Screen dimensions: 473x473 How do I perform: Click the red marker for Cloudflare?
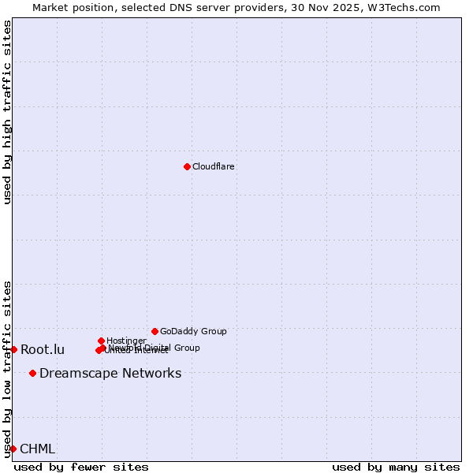187,166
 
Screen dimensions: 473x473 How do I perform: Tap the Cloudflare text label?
214,166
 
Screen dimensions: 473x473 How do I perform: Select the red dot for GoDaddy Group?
155,331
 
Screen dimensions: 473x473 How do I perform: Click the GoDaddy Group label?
193,331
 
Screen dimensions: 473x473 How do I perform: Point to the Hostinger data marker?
101,341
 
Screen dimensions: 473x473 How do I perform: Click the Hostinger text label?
126,341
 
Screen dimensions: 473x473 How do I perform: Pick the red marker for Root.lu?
13,349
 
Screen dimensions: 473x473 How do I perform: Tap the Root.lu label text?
43,350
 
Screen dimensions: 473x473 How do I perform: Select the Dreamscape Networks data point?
32,373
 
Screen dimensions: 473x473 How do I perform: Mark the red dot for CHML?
13,449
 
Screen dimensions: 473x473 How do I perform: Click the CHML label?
37,449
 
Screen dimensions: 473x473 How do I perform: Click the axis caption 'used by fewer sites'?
81,467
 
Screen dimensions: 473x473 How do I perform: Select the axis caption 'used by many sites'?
396,467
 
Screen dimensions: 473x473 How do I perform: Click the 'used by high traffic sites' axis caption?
7,113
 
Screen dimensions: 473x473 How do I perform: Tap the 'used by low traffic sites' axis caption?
7,369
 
